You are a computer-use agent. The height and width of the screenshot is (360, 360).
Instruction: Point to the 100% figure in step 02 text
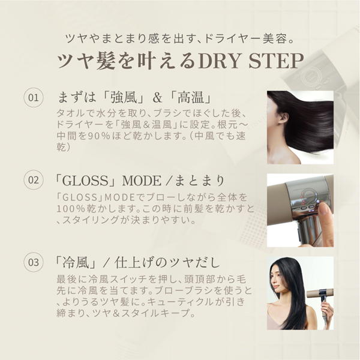[73, 208]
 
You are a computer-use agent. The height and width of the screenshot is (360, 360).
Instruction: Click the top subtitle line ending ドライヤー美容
[179, 38]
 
